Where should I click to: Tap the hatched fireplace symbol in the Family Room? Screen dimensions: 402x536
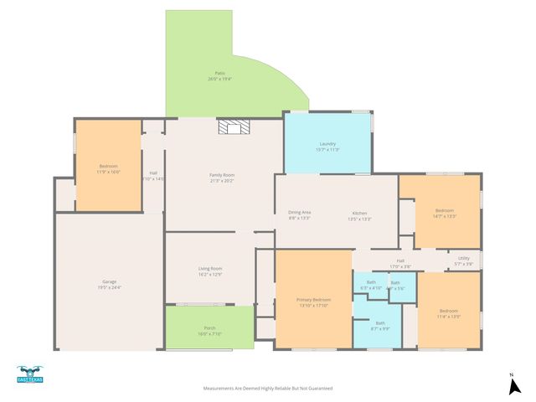(x=234, y=126)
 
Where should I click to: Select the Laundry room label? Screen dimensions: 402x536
(x=327, y=146)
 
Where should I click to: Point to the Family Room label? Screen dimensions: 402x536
(x=221, y=177)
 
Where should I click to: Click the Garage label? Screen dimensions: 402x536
(x=109, y=284)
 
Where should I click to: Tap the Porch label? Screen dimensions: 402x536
(x=209, y=330)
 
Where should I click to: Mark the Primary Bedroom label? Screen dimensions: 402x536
(x=313, y=301)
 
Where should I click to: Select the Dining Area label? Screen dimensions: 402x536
(x=300, y=214)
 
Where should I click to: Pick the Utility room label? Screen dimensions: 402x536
(x=463, y=260)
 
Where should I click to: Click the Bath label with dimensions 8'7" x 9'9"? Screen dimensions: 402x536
(x=380, y=325)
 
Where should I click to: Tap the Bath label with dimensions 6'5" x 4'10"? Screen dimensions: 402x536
(x=370, y=285)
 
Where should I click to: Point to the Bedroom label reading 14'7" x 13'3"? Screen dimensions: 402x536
(x=444, y=213)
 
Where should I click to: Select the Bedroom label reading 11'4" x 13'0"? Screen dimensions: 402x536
(x=448, y=314)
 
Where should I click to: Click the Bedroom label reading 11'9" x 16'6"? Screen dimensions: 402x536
(x=109, y=167)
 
